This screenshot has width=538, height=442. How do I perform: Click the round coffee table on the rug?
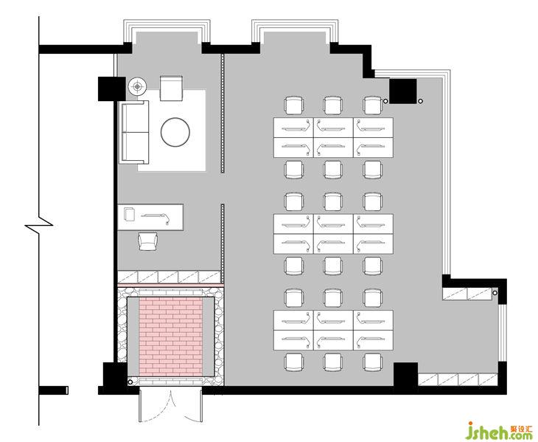pos(175,132)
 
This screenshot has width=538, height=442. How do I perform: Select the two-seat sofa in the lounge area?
pos(135,132)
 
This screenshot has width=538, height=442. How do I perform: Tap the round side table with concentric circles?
pos(138,86)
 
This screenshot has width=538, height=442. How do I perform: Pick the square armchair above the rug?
pos(171,89)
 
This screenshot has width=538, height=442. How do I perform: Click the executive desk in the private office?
pos(150,217)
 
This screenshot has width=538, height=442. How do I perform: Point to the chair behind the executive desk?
pos(148,241)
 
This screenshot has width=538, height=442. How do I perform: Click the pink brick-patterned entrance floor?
pos(170,336)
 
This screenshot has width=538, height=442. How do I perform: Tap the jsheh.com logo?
pos(500,431)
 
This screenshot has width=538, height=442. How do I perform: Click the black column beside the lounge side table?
pos(112,89)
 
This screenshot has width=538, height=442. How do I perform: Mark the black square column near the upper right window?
pos(403,91)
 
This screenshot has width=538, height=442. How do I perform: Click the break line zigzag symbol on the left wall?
pos(39,225)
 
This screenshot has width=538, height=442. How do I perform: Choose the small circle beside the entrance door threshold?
pos(130,382)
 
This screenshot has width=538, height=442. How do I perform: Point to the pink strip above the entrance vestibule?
pos(170,285)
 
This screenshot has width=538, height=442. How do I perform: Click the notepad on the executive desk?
pos(130,214)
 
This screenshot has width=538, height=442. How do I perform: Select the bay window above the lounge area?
pos(167,32)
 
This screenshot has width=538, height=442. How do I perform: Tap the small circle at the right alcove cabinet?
pos(495,293)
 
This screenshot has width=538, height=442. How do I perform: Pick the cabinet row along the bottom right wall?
pos(458,379)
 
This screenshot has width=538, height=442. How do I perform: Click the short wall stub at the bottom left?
pos(54,390)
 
